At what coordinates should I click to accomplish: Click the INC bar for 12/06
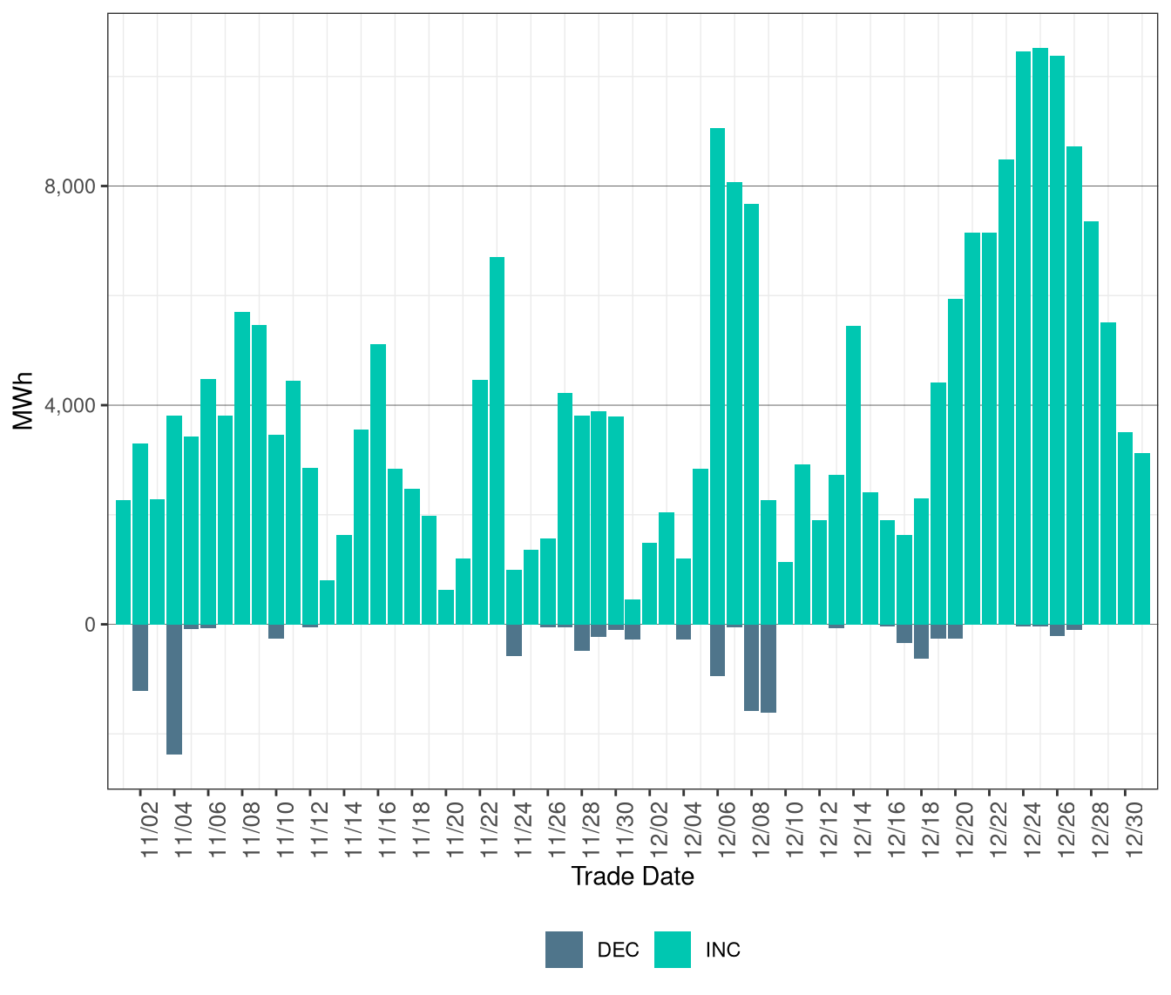[717, 376]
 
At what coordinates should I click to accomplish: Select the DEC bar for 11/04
[174, 688]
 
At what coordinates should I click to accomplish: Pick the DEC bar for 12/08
[751, 667]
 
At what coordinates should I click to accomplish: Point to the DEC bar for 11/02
[140, 657]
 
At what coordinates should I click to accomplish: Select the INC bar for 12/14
[853, 475]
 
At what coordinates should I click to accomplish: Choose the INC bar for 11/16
[378, 484]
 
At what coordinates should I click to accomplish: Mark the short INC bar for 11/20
[446, 606]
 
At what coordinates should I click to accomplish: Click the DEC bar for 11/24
[514, 640]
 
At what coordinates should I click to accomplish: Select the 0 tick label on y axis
[90, 625]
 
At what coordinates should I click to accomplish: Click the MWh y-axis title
[23, 402]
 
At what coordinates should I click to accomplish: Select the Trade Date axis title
[633, 877]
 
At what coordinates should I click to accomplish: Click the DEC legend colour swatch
[564, 950]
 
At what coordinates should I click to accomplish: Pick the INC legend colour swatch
[672, 950]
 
